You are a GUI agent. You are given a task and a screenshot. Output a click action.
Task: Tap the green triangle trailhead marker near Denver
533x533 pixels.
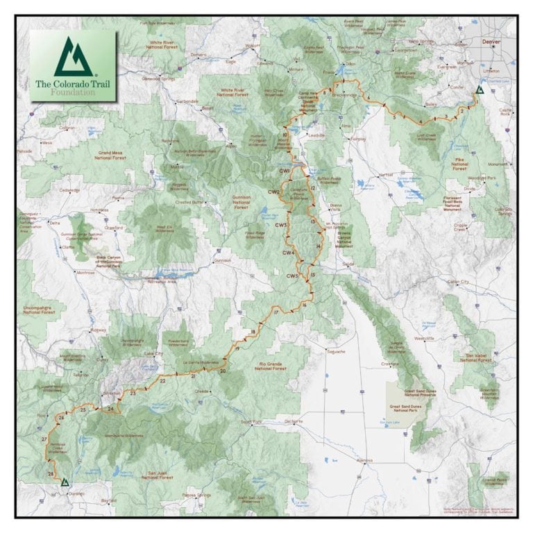pyautogui.click(x=479, y=91)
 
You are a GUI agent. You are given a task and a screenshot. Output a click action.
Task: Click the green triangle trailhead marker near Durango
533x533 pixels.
pyautogui.click(x=65, y=481)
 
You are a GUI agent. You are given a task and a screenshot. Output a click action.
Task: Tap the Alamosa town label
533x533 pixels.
pyautogui.click(x=363, y=461)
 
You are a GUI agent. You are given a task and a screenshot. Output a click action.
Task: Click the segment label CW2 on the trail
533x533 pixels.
pyautogui.click(x=274, y=192)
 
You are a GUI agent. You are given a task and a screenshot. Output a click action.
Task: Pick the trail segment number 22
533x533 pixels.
pyautogui.click(x=162, y=381)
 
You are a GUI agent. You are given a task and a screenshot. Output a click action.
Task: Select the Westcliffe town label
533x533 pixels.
pyautogui.click(x=423, y=338)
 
